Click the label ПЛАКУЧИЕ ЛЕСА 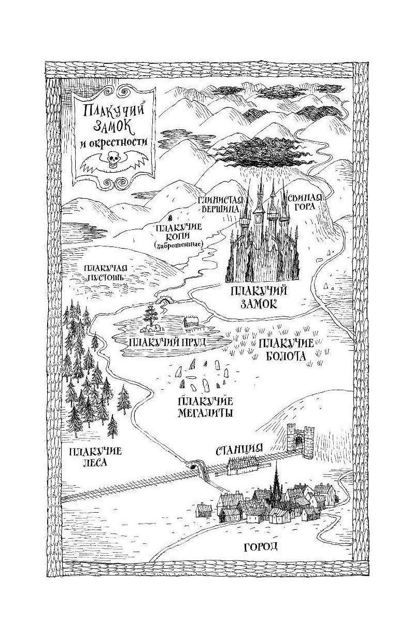click(95, 456)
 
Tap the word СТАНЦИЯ click(239, 449)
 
